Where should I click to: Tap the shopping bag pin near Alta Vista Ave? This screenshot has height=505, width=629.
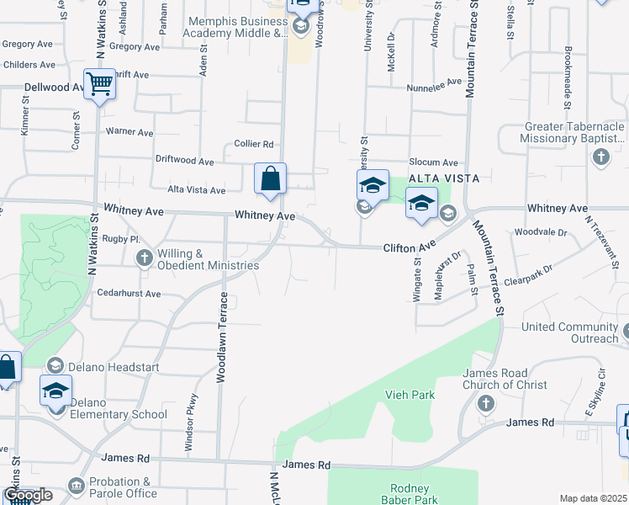(x=270, y=179)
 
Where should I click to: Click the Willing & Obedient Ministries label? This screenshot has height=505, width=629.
(x=208, y=259)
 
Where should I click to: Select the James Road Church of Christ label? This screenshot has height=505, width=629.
(x=505, y=379)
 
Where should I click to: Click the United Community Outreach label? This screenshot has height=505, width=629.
(x=569, y=332)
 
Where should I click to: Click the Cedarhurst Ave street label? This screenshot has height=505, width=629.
(x=129, y=294)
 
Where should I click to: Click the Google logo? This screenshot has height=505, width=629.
(x=27, y=494)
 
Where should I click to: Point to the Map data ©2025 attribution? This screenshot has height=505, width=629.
(x=594, y=498)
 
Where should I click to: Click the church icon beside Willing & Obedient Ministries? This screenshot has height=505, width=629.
(x=144, y=258)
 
